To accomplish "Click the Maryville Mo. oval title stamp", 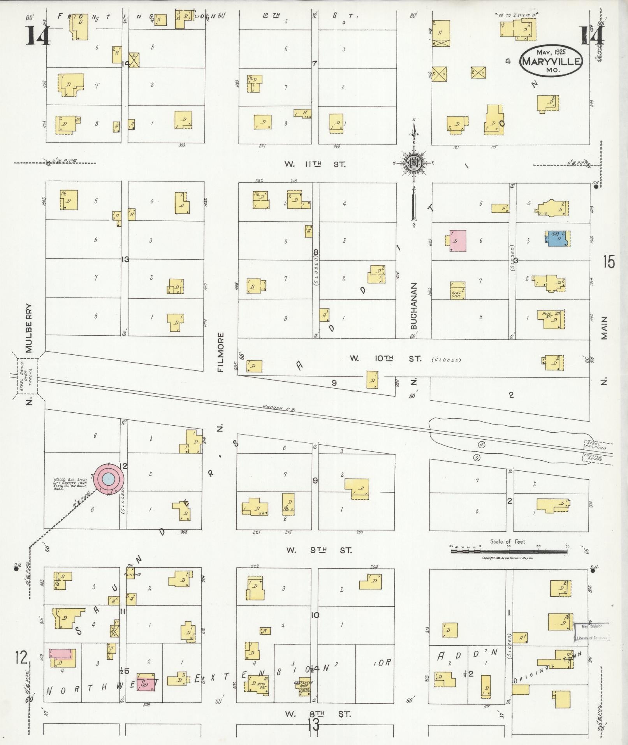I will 551,61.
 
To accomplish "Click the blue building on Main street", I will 557,238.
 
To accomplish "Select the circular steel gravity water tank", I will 109,479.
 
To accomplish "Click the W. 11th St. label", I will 315,164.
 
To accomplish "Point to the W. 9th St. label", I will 319,550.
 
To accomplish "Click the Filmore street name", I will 221,352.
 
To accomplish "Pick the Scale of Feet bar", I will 509,551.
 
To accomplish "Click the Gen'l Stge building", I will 458,290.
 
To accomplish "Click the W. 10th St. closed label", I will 405,359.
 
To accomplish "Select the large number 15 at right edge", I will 609,262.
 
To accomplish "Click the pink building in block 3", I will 457,240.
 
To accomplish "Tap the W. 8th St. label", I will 318,714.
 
